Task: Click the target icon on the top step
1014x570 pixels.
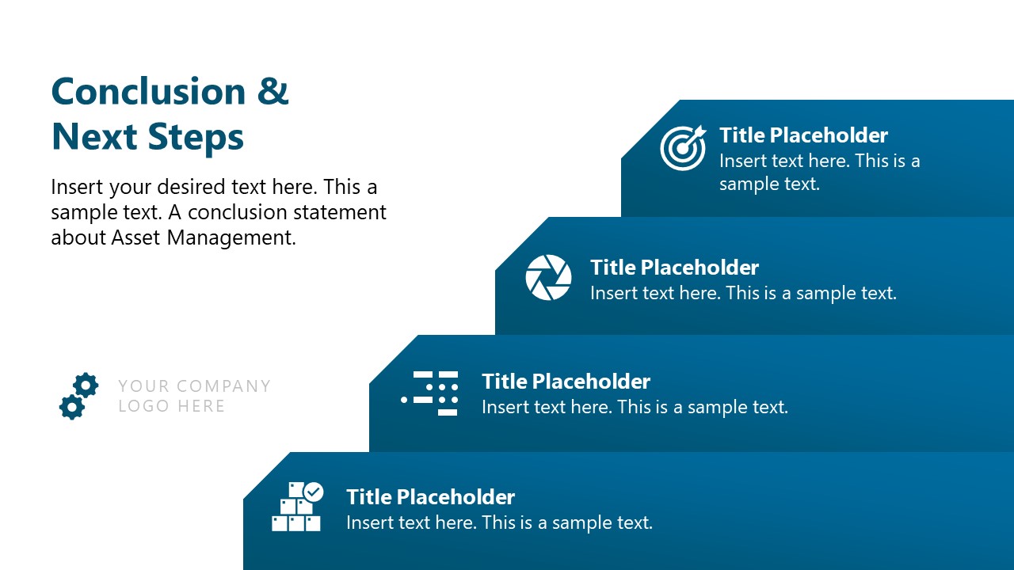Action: coord(682,147)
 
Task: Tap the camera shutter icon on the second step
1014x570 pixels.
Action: coord(548,278)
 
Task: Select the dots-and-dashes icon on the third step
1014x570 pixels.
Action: coord(430,393)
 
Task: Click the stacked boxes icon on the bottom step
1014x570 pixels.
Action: coord(297,507)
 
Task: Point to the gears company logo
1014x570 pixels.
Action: coord(78,396)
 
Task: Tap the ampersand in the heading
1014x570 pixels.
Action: coord(273,92)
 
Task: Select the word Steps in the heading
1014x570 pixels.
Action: coord(199,137)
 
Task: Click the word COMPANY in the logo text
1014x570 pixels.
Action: coord(223,386)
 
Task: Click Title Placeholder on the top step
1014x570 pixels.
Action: coord(803,135)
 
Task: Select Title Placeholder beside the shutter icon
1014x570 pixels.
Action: coord(674,268)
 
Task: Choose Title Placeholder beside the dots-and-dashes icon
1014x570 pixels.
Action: coord(566,382)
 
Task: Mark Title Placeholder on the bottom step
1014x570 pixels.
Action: coord(430,497)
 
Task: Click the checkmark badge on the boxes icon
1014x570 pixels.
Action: coord(314,492)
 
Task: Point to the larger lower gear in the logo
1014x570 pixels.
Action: coord(71,407)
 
